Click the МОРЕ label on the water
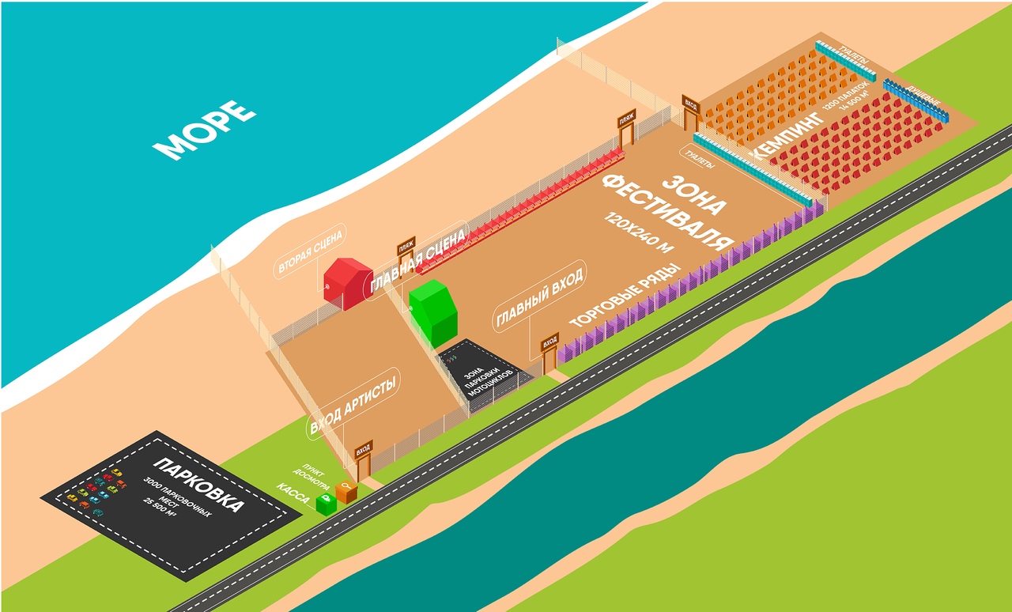click(x=204, y=130)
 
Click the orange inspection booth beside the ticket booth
click(x=346, y=491)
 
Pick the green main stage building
click(x=434, y=311)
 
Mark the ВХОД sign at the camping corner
click(x=691, y=104)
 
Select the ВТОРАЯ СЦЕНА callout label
click(x=311, y=254)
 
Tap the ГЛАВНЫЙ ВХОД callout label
click(x=540, y=297)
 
